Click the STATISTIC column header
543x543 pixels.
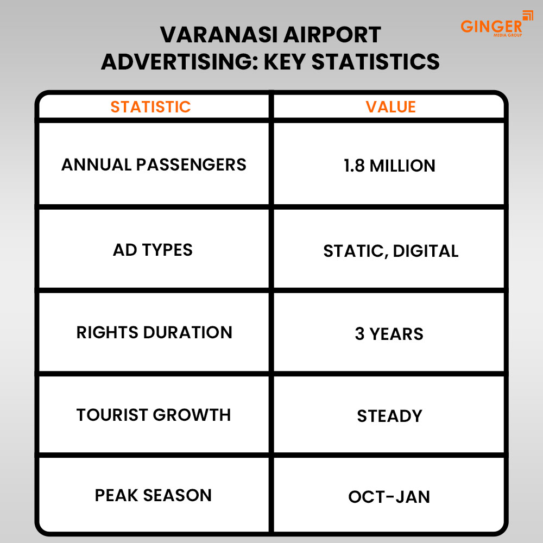pyautogui.click(x=150, y=107)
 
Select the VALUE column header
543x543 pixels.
pyautogui.click(x=390, y=107)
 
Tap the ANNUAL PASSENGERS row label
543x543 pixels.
pyautogui.click(x=154, y=165)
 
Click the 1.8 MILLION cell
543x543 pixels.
pyautogui.click(x=389, y=166)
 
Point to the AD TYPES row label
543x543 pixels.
pyautogui.click(x=153, y=250)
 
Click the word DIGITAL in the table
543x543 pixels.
pyautogui.click(x=426, y=251)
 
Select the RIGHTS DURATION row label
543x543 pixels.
pyautogui.click(x=154, y=332)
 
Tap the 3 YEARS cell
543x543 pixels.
pyautogui.click(x=389, y=334)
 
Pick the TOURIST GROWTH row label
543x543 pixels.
pyautogui.click(x=154, y=415)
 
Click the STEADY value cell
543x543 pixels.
pyautogui.click(x=389, y=416)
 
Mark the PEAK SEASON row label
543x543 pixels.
pyautogui.click(x=153, y=495)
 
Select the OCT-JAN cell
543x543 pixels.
pyautogui.click(x=389, y=497)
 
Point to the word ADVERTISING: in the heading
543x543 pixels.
pyautogui.click(x=179, y=62)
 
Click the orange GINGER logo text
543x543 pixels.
pyautogui.click(x=490, y=26)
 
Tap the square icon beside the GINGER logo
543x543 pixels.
pyautogui.click(x=527, y=15)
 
